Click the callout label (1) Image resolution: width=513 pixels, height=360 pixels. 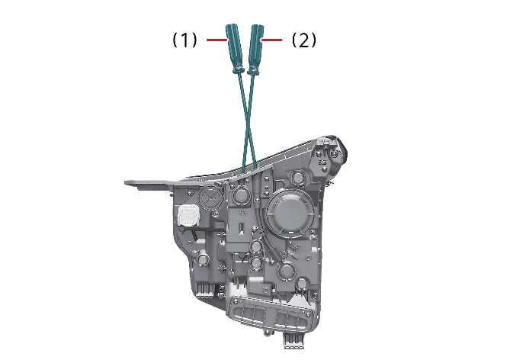185,40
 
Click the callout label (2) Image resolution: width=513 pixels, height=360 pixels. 304,40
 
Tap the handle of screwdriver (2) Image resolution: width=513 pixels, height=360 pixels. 256,47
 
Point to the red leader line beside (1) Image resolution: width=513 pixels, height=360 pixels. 216,40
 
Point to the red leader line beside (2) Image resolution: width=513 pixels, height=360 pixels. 271,40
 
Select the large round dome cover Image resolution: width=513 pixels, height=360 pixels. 289,212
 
